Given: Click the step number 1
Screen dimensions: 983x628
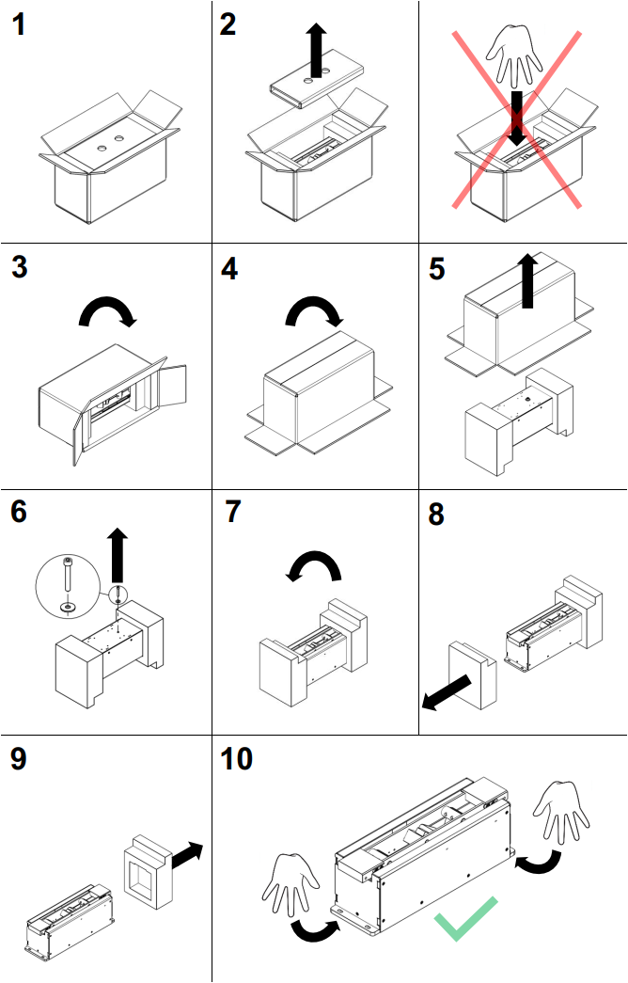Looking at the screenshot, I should [20, 25].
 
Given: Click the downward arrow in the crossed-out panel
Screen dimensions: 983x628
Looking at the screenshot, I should [516, 117].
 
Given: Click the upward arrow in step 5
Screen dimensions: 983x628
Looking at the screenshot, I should [528, 279].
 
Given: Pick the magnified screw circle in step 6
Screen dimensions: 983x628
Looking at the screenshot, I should [67, 583].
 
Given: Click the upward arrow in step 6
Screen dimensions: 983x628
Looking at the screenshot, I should [118, 556].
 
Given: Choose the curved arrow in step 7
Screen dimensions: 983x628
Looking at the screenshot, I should [315, 566].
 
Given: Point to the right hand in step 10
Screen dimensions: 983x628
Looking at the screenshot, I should [562, 810].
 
